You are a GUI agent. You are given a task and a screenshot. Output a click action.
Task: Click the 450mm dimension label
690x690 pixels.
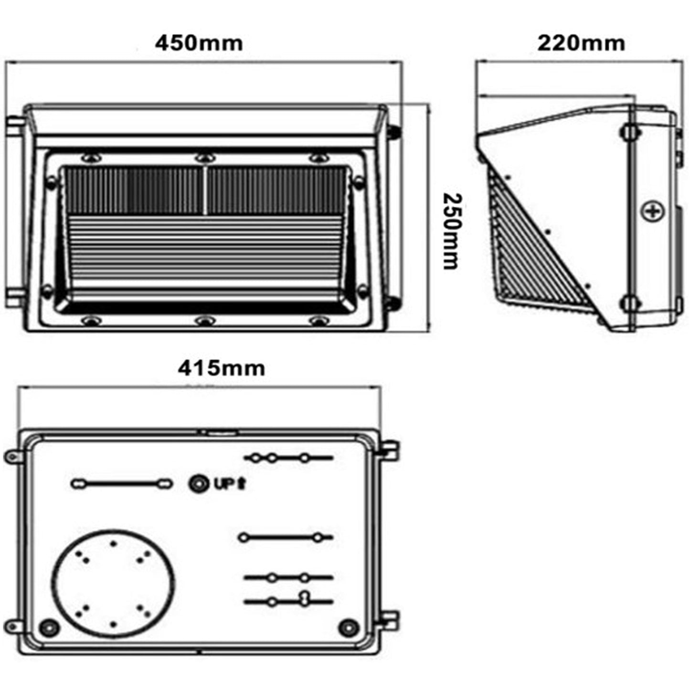[199, 43]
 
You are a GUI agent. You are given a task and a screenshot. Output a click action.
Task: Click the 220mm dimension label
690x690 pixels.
[581, 43]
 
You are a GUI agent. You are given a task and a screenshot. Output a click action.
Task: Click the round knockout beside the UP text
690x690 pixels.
[198, 485]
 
